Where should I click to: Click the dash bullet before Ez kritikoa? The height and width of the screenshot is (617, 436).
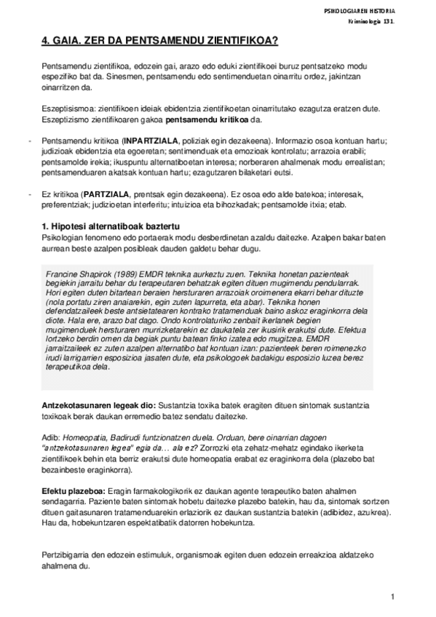tap(28, 196)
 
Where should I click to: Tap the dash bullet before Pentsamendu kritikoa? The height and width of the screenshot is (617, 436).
tap(28, 138)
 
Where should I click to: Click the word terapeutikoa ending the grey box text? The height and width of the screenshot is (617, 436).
tap(67, 367)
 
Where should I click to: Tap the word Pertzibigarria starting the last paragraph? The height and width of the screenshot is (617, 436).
tap(66, 556)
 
